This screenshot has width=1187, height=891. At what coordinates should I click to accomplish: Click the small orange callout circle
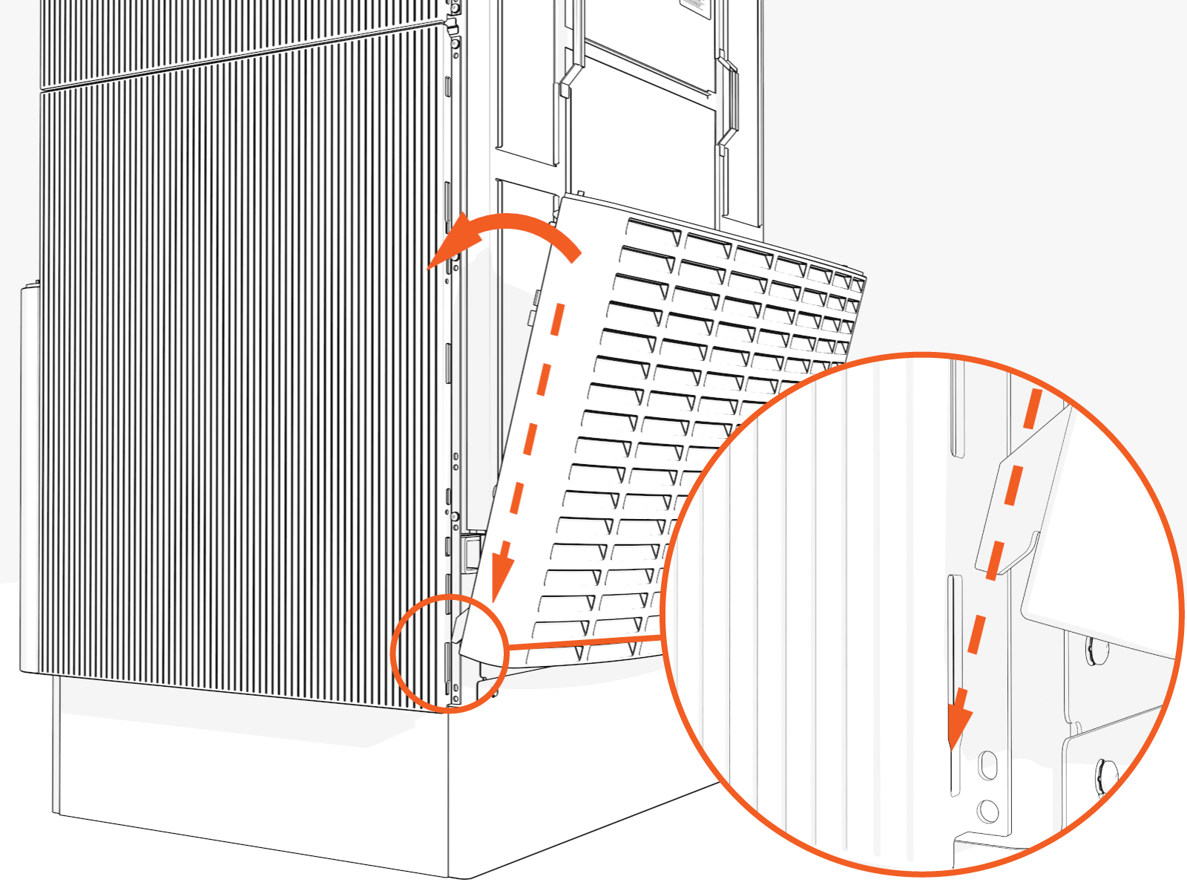point(450,653)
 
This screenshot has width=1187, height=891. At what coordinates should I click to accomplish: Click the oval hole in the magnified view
point(987,765)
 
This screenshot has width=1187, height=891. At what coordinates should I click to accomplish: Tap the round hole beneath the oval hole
point(987,810)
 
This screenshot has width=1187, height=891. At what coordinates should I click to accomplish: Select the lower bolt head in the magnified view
point(1104,776)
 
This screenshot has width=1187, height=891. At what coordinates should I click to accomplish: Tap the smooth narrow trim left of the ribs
point(30,475)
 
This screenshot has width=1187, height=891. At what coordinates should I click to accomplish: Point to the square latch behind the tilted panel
point(472,552)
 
